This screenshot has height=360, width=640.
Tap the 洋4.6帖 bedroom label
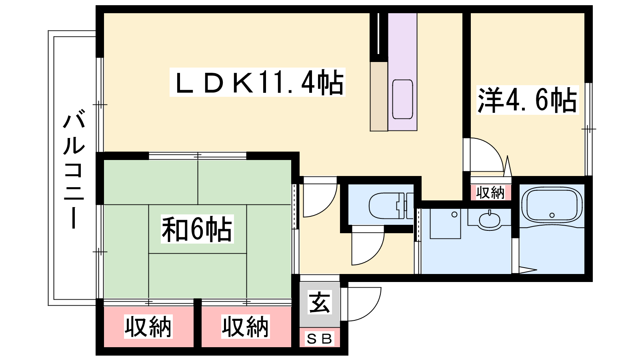point(528,100)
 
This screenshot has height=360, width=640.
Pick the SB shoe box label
point(320,339)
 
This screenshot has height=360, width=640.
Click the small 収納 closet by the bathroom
point(490,192)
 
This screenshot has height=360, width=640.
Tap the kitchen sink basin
point(402,99)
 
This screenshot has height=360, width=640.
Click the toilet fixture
point(391,206)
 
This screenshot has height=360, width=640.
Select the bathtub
point(552,205)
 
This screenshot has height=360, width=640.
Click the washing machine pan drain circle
point(454,214)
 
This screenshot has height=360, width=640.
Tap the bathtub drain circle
point(552,215)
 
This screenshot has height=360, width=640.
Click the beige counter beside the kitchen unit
point(379,96)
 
